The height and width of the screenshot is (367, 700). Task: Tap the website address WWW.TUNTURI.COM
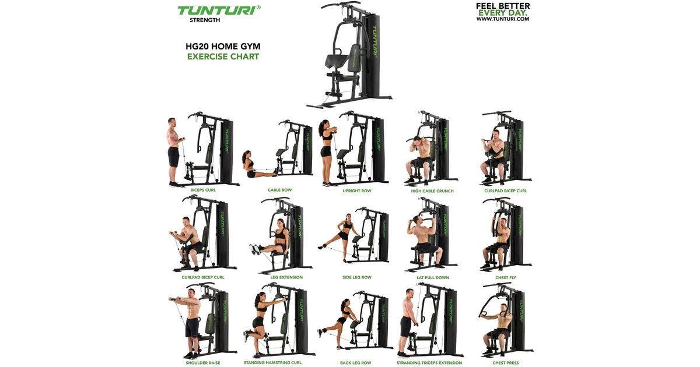(x=503, y=19)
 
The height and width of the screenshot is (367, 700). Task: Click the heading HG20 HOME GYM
(x=223, y=46)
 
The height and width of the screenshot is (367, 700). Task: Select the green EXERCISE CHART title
(x=223, y=57)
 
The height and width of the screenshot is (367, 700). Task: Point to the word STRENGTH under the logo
(x=205, y=20)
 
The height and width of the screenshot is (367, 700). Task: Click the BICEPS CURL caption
(x=203, y=190)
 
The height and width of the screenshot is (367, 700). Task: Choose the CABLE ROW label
(x=279, y=190)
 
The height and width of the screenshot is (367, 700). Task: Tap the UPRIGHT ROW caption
(x=357, y=190)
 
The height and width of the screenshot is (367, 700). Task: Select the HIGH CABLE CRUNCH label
(x=432, y=190)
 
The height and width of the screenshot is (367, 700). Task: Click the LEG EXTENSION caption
(x=286, y=277)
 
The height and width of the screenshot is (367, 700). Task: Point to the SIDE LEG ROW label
(x=357, y=277)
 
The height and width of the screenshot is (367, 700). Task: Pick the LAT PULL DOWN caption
(x=432, y=277)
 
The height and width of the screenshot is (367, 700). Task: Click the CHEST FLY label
(x=505, y=277)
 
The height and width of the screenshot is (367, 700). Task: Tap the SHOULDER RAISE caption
(x=203, y=362)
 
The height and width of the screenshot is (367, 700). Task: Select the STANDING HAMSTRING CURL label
(x=272, y=362)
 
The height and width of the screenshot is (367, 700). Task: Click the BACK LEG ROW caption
(x=356, y=362)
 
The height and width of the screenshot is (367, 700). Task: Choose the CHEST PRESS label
(x=505, y=362)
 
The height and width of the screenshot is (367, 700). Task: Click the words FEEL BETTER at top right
(x=503, y=6)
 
